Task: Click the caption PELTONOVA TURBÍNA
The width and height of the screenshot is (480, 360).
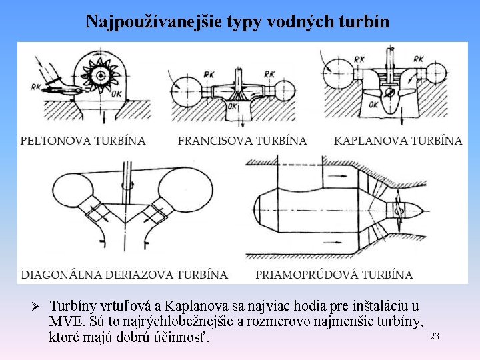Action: click(83, 141)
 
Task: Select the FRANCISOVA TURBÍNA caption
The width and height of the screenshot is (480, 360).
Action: click(242, 141)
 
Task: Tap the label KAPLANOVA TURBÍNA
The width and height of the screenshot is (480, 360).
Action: click(398, 141)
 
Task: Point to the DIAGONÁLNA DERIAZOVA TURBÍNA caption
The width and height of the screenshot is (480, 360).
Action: click(125, 274)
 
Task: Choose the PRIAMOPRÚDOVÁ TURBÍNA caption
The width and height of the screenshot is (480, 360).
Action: click(334, 274)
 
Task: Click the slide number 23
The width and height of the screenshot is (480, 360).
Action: click(435, 336)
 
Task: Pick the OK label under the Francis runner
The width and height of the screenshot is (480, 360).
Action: click(234, 105)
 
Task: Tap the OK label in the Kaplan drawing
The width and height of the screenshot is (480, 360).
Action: click(373, 105)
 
